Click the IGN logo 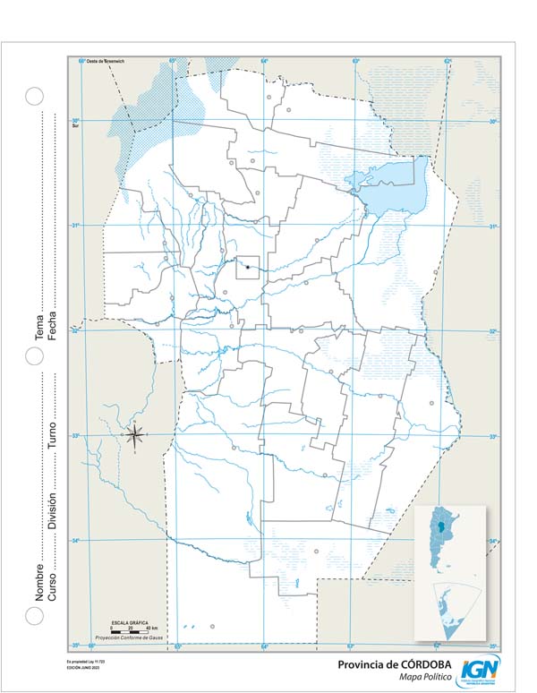pyautogui.click(x=480, y=669)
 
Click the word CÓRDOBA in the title pyautogui.click(x=425, y=664)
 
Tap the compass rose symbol pyautogui.click(x=135, y=436)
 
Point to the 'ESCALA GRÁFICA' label pyautogui.click(x=127, y=621)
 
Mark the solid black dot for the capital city pyautogui.click(x=247, y=267)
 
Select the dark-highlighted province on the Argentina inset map pyautogui.click(x=440, y=529)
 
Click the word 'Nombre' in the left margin pyautogui.click(x=39, y=581)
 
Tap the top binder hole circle pyautogui.click(x=34, y=96)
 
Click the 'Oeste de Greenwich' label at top pyautogui.click(x=103, y=60)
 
